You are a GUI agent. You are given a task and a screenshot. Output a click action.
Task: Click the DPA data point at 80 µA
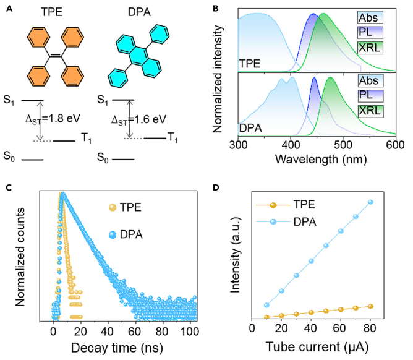[x=371, y=202]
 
